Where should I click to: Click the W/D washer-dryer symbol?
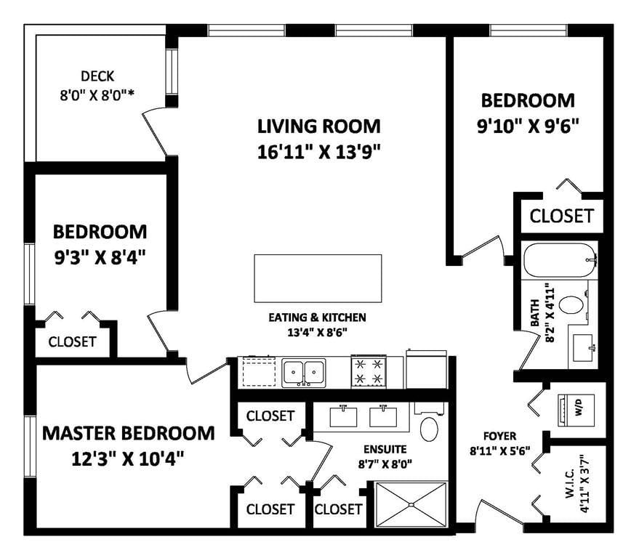click(x=576, y=411)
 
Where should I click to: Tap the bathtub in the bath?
click(x=560, y=260)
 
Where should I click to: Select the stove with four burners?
click(x=369, y=371)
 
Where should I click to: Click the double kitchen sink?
click(x=304, y=373)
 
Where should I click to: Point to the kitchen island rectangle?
click(x=318, y=278)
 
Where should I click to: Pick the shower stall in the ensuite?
click(x=411, y=505)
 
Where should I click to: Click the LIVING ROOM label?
click(x=319, y=126)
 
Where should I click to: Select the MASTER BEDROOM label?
click(x=129, y=433)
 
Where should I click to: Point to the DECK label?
click(x=97, y=76)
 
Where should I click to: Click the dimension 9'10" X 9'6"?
click(x=529, y=126)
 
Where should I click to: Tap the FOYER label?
click(x=500, y=436)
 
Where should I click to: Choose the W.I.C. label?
click(x=570, y=483)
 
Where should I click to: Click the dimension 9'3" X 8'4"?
click(x=100, y=258)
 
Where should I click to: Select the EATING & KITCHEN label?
click(x=317, y=318)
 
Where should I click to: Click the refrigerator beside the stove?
click(x=426, y=369)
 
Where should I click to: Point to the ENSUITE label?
click(x=385, y=449)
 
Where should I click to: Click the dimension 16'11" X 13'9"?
click(x=319, y=153)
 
